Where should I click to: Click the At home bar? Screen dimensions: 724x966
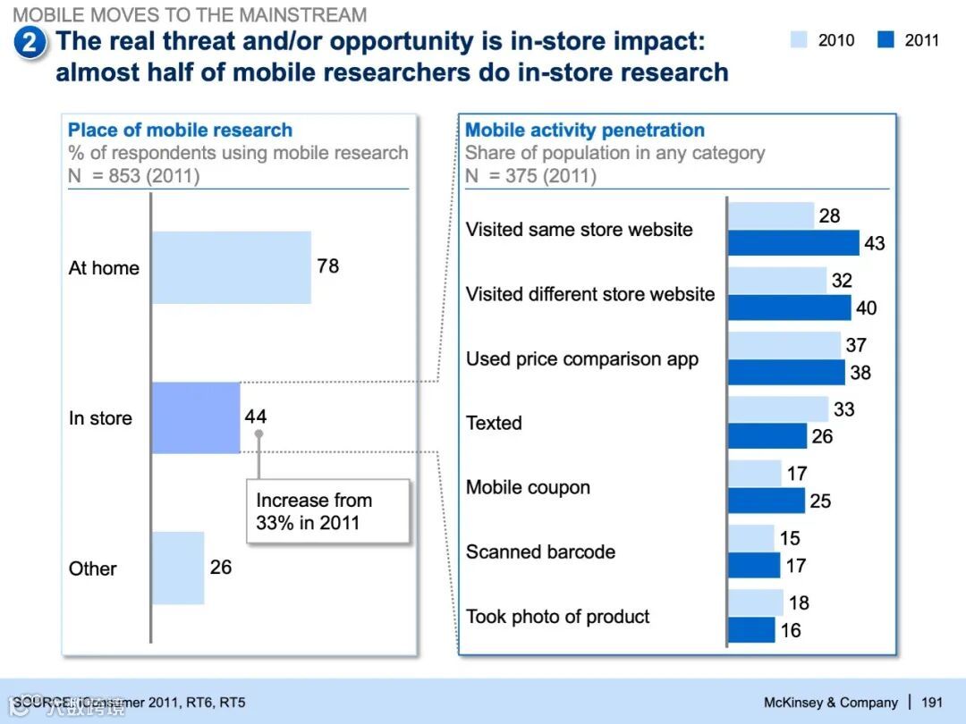click(x=231, y=267)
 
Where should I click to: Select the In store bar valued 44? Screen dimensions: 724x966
click(x=196, y=417)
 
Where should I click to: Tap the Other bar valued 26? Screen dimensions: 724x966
click(x=178, y=568)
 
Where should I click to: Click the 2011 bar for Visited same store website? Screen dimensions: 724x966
click(x=793, y=243)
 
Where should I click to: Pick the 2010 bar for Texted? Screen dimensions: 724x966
click(x=778, y=409)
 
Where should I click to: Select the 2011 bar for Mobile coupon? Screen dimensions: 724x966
click(x=767, y=501)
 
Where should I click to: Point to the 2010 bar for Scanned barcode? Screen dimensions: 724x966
click(x=750, y=538)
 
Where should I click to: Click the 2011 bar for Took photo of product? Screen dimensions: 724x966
click(x=751, y=629)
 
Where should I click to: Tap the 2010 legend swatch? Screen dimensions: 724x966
click(x=799, y=40)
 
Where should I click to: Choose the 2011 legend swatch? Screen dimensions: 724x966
click(x=885, y=40)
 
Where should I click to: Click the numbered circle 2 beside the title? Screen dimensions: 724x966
click(x=30, y=43)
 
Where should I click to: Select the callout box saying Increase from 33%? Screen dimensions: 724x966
click(x=327, y=511)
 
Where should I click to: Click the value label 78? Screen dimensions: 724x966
click(x=328, y=266)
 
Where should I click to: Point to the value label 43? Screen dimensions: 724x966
click(x=874, y=243)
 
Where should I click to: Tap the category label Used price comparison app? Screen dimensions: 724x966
click(x=581, y=359)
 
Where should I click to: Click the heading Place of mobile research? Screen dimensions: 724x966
click(x=180, y=130)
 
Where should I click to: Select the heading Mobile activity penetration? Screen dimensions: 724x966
click(x=585, y=130)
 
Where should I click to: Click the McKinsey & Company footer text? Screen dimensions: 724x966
click(x=830, y=703)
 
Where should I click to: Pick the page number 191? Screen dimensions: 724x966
click(x=931, y=703)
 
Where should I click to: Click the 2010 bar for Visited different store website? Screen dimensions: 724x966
click(x=777, y=281)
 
